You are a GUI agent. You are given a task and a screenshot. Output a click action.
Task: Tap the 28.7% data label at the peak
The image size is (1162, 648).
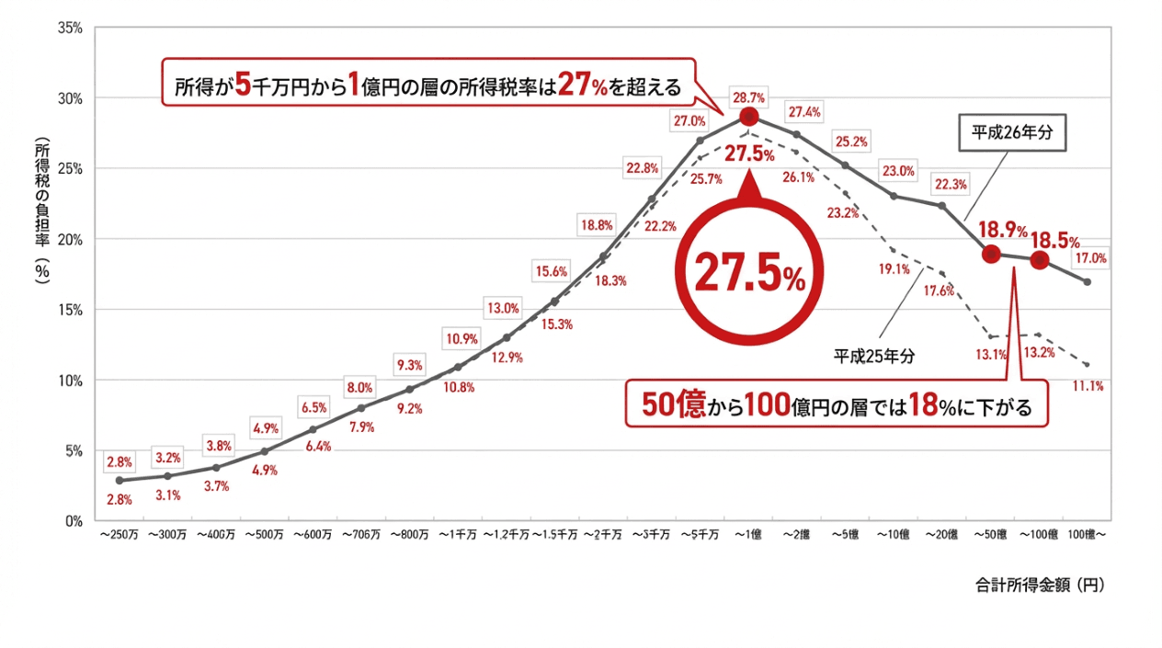[748, 97]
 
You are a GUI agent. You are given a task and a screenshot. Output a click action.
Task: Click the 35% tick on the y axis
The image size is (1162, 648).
[70, 28]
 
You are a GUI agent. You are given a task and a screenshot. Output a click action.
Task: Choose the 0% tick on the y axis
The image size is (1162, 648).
[74, 520]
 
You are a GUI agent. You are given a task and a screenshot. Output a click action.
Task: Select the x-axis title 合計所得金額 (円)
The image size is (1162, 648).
[1038, 585]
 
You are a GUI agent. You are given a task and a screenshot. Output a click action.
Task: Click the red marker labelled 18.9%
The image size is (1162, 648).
[991, 255]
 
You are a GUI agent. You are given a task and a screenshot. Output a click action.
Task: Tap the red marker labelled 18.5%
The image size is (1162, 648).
[1039, 260]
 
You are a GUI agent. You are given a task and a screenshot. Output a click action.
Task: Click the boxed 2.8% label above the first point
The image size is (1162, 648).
[119, 461]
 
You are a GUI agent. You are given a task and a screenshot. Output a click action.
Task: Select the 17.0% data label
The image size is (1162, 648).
[1088, 259]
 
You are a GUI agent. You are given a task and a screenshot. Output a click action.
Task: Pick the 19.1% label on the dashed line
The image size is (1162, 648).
[894, 269]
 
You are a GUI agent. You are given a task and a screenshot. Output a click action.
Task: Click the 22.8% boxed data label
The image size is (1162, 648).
[642, 168]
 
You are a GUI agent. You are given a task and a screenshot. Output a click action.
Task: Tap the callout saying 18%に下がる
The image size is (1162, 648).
[836, 404]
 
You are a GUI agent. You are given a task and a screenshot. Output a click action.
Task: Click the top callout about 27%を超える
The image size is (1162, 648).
[427, 85]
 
